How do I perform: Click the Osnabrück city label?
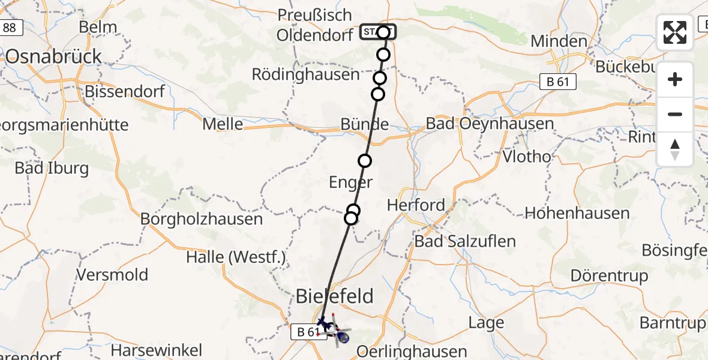(54, 56)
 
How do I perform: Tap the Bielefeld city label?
(335, 296)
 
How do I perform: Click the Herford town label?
(416, 205)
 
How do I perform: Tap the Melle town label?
(223, 124)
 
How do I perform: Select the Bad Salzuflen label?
(464, 241)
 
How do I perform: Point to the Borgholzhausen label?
(202, 219)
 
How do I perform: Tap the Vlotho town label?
(527, 157)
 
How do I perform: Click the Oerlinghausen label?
(412, 351)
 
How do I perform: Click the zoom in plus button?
(675, 79)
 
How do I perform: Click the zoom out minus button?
(675, 114)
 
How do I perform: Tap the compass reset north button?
(675, 149)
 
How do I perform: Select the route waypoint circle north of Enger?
(365, 161)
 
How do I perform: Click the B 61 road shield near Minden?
(559, 82)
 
